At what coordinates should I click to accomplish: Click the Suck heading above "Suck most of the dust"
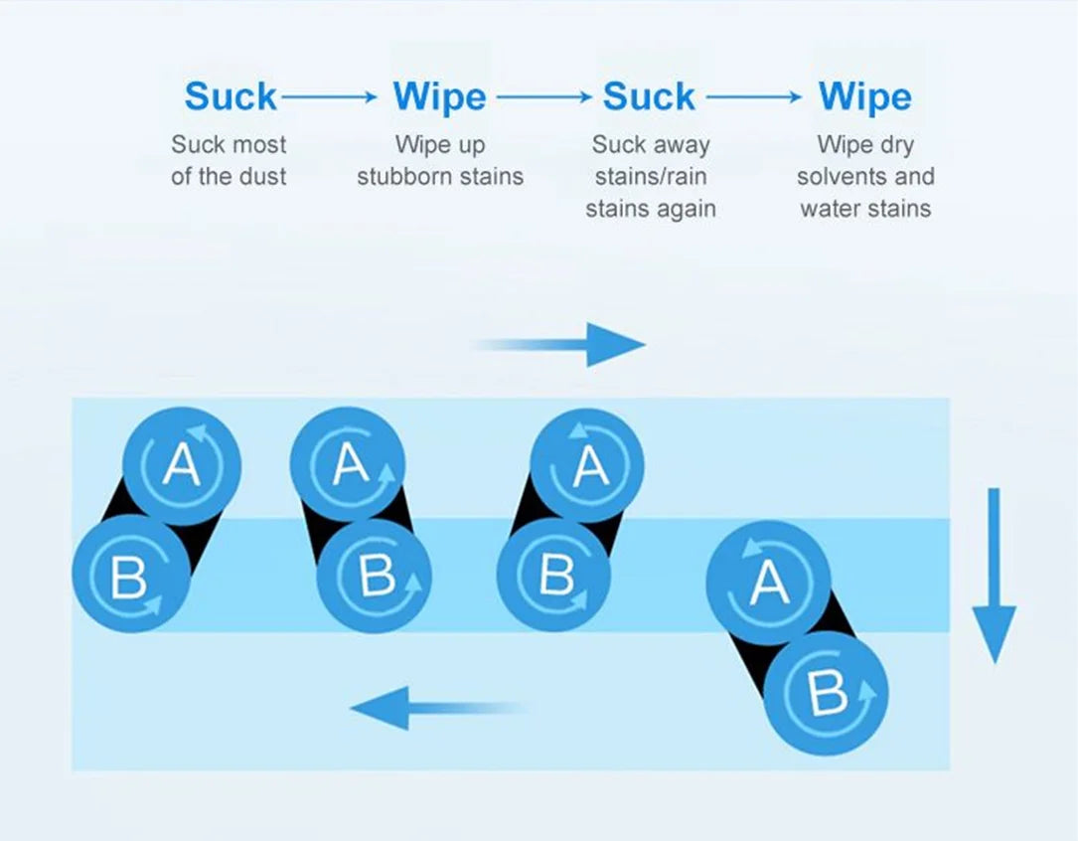pos(231,95)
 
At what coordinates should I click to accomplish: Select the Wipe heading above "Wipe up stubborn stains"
pos(440,96)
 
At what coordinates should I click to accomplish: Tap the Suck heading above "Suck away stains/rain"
pos(649,95)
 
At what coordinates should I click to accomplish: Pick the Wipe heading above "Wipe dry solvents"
pos(864,96)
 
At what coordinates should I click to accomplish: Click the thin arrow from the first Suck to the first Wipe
pos(329,97)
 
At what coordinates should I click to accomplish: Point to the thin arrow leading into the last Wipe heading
pos(754,97)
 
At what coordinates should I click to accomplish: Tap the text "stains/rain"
pos(651,176)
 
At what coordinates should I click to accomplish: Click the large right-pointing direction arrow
pos(559,345)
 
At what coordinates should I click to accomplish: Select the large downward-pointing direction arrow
pos(995,577)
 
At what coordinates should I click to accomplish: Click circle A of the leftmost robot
pos(182,466)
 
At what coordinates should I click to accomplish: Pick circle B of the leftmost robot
pos(130,573)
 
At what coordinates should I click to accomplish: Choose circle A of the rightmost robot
pos(768,583)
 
